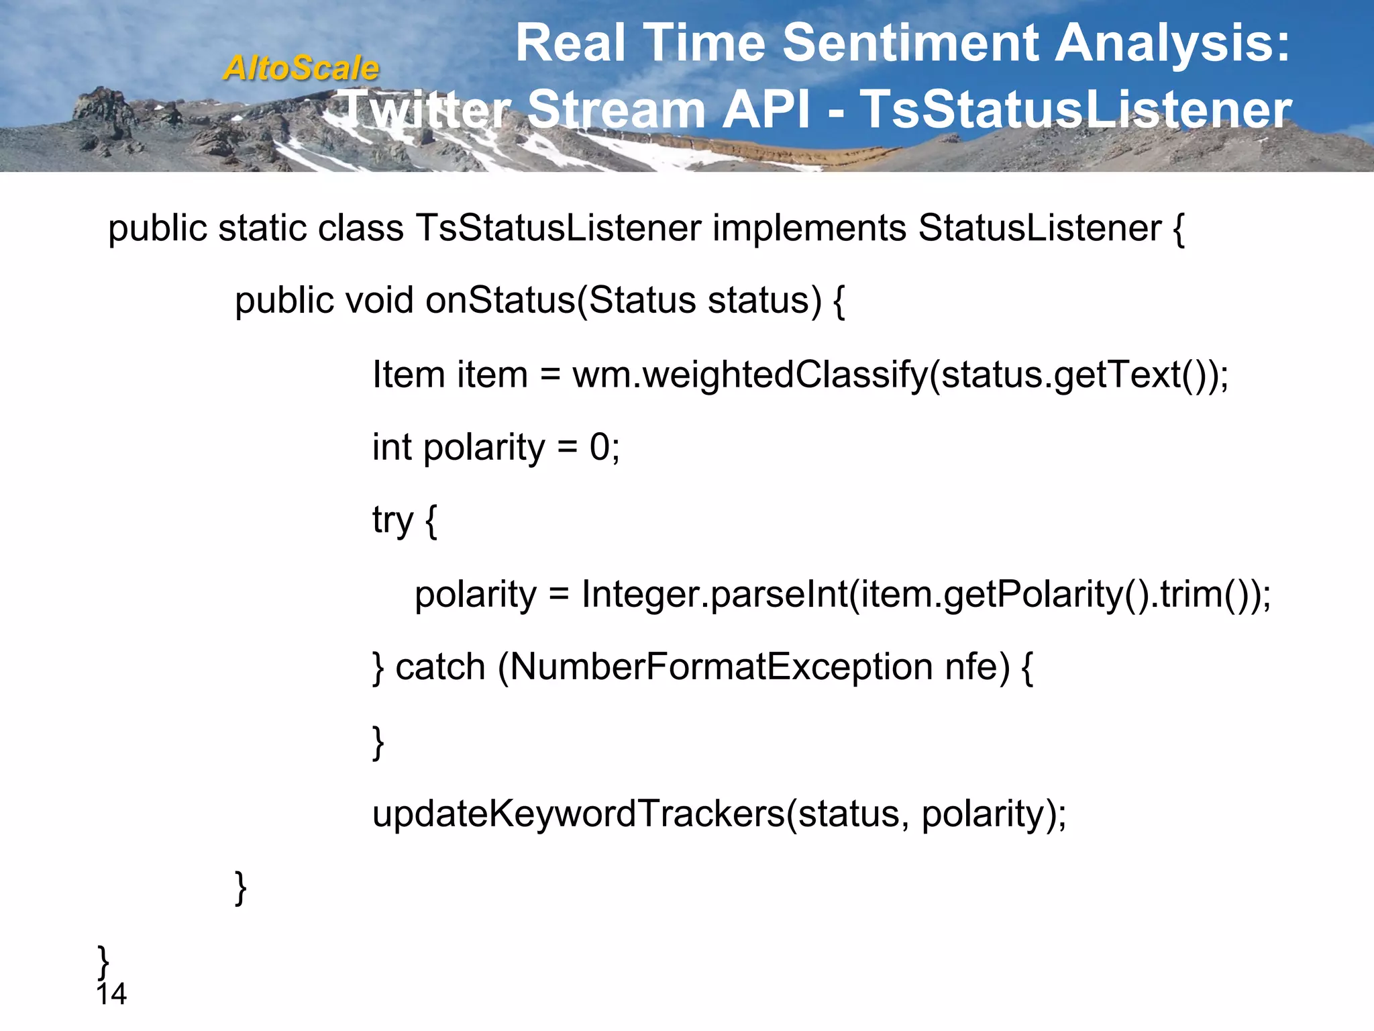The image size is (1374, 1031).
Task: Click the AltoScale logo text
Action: pyautogui.click(x=301, y=68)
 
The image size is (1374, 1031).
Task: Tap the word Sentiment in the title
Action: pyautogui.click(x=910, y=44)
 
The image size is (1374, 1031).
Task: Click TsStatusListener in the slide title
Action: pyautogui.click(x=1075, y=109)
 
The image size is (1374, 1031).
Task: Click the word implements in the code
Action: pyautogui.click(x=809, y=228)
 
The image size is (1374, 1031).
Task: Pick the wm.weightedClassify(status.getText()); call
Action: pyautogui.click(x=900, y=375)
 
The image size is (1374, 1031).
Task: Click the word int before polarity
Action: pyautogui.click(x=392, y=447)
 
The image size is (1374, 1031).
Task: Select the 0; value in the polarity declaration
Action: pyautogui.click(x=604, y=447)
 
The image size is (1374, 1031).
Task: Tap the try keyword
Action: pyautogui.click(x=393, y=521)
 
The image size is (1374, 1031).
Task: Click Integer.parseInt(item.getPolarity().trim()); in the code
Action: pyautogui.click(x=926, y=594)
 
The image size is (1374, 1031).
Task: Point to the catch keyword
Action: pyautogui.click(x=440, y=667)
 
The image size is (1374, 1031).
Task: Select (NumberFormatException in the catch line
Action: pyautogui.click(x=715, y=667)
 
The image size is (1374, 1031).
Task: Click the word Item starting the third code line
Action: pyautogui.click(x=409, y=375)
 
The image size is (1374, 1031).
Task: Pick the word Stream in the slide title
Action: pyautogui.click(x=616, y=109)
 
